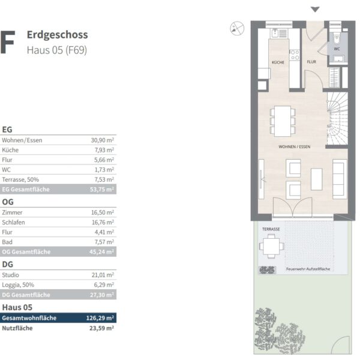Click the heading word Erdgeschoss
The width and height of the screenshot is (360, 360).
point(58,35)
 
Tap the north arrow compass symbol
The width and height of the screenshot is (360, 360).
point(237,28)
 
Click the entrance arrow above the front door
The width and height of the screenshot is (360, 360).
point(315,10)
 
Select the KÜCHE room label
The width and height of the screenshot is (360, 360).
point(278,62)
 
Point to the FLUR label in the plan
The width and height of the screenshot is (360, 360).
point(311,62)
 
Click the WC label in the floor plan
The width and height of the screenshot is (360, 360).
point(337,49)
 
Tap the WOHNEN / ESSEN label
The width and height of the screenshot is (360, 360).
point(295,147)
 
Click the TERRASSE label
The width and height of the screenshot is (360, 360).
point(271,229)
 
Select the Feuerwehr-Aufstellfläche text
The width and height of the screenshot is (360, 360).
point(308,269)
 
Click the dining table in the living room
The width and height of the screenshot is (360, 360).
point(283,121)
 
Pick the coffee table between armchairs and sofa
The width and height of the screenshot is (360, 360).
point(316,179)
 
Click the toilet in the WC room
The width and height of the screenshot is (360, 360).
point(337,39)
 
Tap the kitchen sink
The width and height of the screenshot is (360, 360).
point(275,34)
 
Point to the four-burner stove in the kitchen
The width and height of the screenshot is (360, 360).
point(295,55)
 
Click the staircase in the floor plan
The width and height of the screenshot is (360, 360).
point(337,119)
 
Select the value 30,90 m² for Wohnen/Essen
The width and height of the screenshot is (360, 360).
point(103,140)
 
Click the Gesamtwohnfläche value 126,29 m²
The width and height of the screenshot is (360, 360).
point(100,318)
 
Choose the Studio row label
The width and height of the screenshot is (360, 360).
point(10,275)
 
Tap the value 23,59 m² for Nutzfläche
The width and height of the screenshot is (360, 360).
point(101,328)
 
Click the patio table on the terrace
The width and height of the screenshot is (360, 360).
point(271,246)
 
